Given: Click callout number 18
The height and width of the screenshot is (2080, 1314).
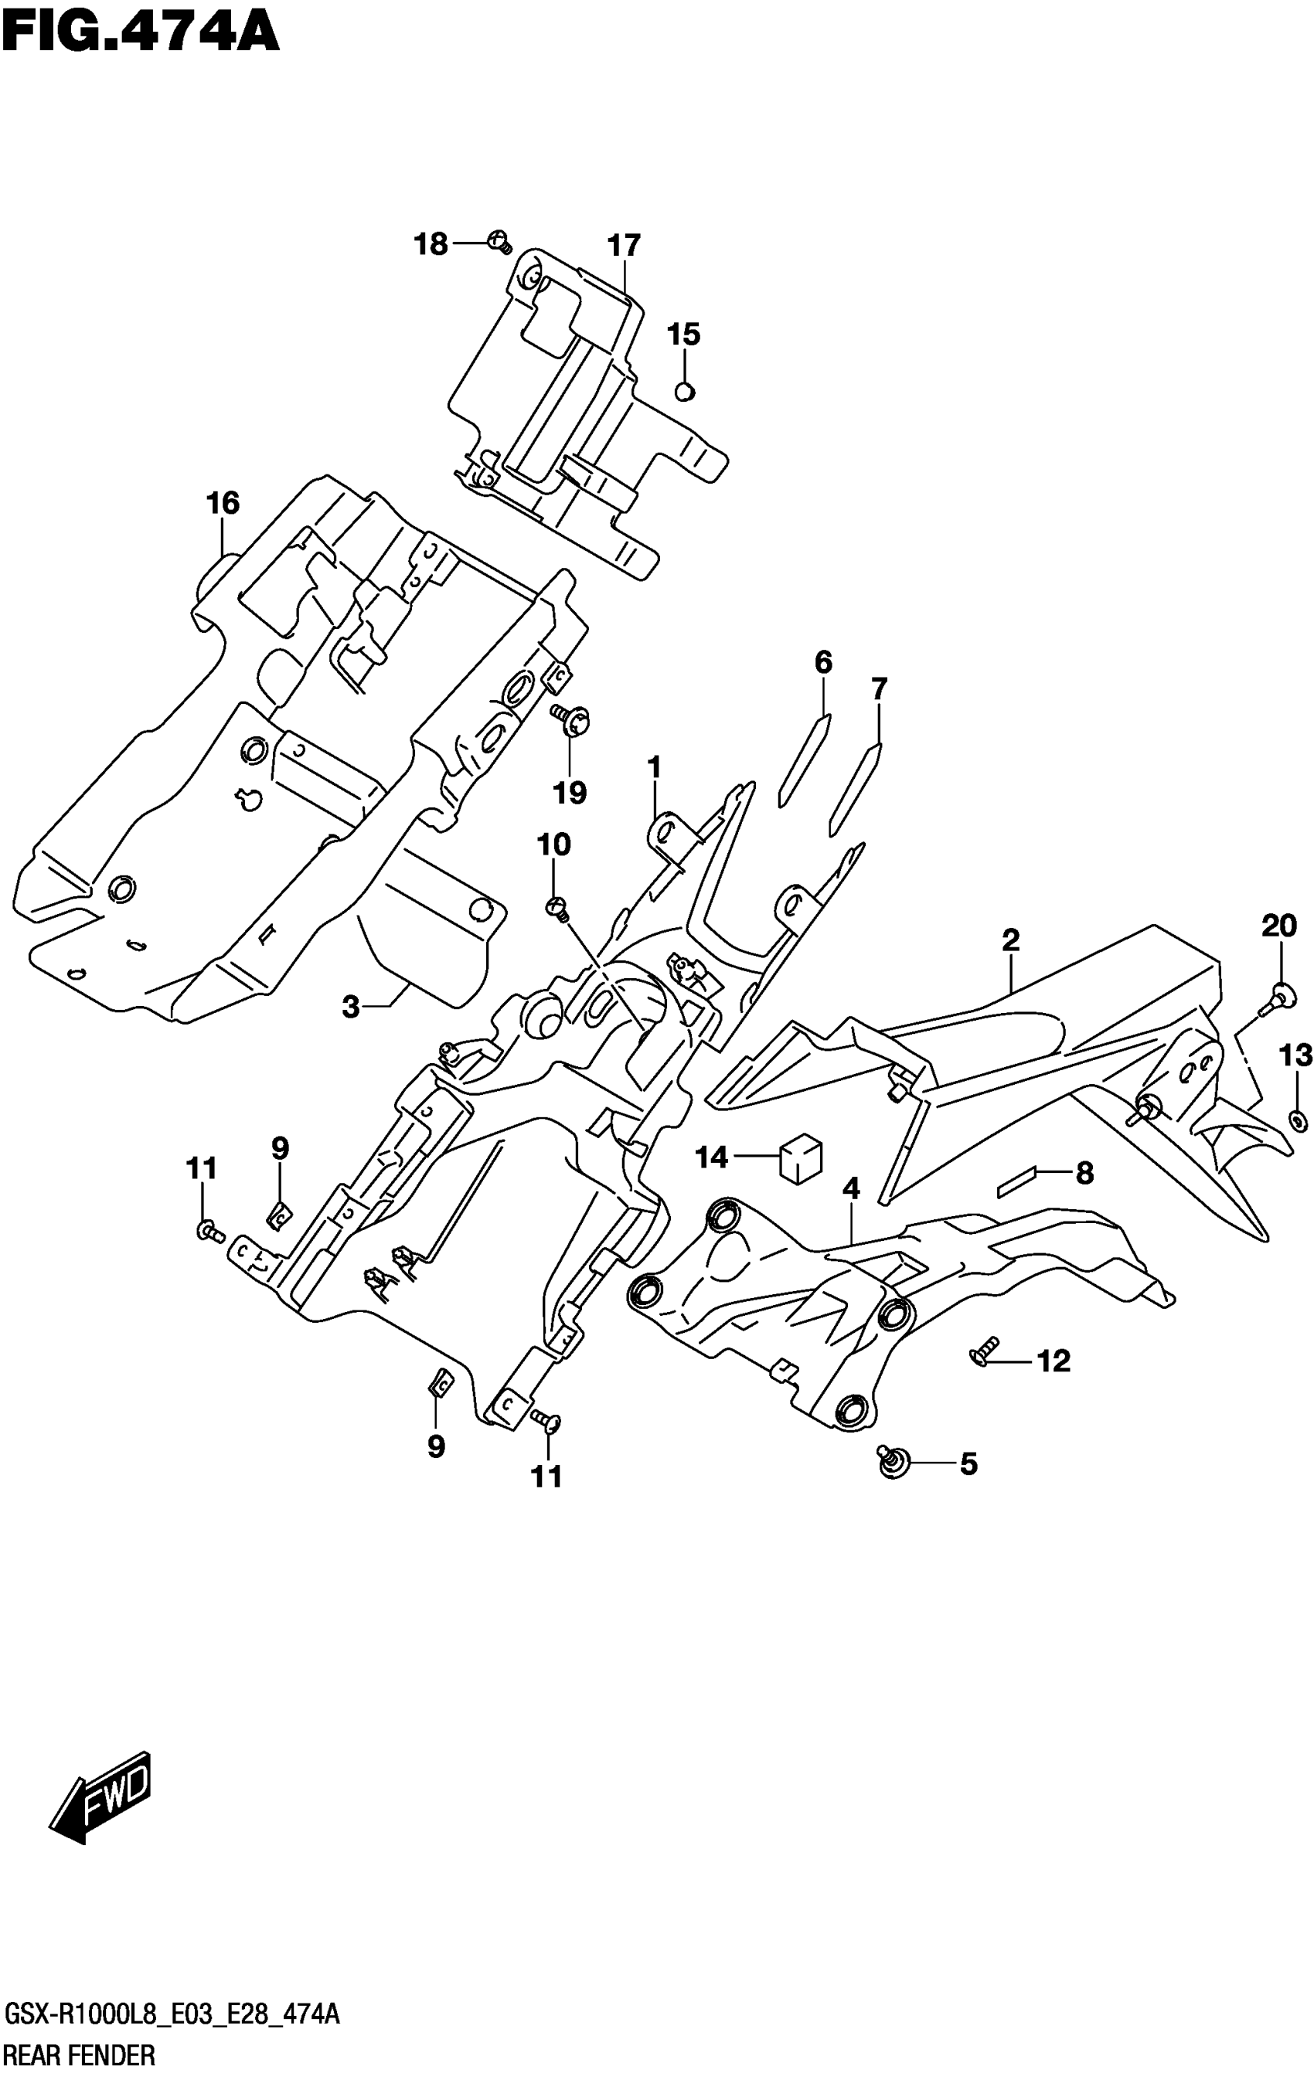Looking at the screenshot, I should (x=431, y=244).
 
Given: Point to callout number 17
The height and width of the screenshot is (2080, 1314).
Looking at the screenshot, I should (x=624, y=246).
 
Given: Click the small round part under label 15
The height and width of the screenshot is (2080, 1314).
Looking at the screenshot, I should (x=684, y=391).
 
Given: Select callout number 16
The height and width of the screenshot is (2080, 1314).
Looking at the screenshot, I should (x=222, y=503).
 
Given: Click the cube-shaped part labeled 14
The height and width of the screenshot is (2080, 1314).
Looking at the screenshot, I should (x=801, y=1157).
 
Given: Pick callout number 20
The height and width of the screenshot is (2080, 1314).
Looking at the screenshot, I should (x=1278, y=927).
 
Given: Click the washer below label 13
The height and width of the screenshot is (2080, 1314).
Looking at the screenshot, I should (x=1297, y=1121).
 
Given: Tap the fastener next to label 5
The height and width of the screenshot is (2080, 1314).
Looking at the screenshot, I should (x=891, y=1460).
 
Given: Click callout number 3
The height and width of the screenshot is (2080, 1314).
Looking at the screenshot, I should (x=350, y=1006).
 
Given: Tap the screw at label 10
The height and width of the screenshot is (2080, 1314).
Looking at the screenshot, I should (x=558, y=908).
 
